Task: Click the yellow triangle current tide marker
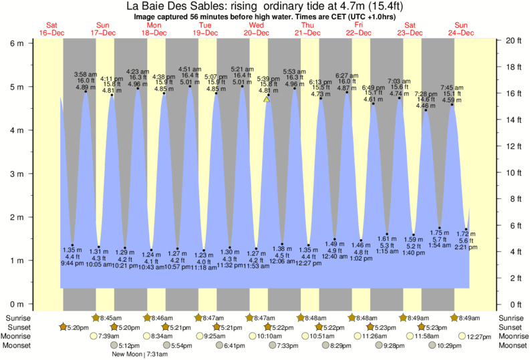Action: (x=266, y=98)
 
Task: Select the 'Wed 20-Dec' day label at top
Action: (x=256, y=29)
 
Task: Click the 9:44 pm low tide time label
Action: (x=72, y=264)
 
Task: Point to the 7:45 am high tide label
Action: (x=451, y=87)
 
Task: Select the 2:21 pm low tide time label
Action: (x=466, y=247)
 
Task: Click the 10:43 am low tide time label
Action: (x=151, y=267)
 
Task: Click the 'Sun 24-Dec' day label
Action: (x=460, y=29)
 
